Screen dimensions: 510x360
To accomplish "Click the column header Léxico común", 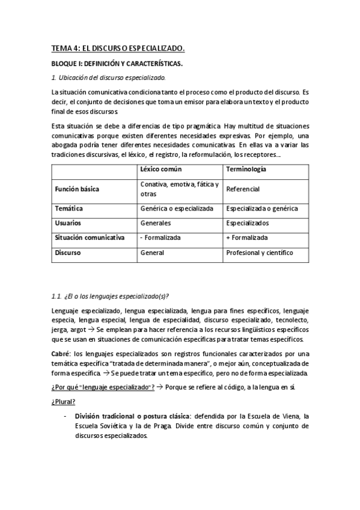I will point(160,170).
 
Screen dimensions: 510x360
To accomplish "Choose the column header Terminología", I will point(246,170).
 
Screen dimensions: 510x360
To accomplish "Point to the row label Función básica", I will point(77,189).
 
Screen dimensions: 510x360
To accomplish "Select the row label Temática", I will point(69,208).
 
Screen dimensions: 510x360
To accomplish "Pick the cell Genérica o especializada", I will point(177,208).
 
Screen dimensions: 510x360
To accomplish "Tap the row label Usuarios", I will point(69,223).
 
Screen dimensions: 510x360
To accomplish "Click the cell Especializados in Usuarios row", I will point(248,223).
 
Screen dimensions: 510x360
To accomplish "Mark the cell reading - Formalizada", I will point(159,238).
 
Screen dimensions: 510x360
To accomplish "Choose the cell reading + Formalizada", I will point(247,238).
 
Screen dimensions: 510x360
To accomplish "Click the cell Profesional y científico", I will point(260,253).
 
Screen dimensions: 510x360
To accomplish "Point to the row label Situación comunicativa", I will point(90,238).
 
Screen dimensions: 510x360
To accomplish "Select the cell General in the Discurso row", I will point(152,253).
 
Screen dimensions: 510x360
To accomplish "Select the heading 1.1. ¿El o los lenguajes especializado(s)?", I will point(111,295).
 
